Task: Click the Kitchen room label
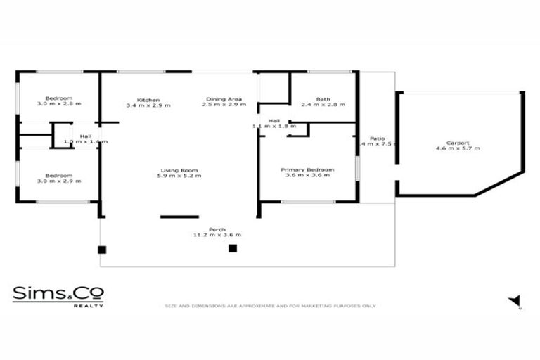(148, 99)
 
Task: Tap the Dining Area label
(224, 99)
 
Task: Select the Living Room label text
(179, 170)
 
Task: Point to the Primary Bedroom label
(307, 170)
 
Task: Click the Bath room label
(323, 99)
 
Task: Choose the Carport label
(457, 143)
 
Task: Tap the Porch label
(217, 229)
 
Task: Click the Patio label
(378, 139)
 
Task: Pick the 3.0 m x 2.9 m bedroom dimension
(59, 181)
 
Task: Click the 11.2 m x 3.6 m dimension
(217, 235)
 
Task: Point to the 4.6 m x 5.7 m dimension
(457, 149)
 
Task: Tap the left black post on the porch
(102, 250)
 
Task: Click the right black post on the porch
(233, 248)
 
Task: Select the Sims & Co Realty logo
(58, 295)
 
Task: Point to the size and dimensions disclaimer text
(271, 306)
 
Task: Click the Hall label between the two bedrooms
(85, 136)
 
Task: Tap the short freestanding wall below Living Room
(179, 217)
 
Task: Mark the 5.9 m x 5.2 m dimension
(179, 176)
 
